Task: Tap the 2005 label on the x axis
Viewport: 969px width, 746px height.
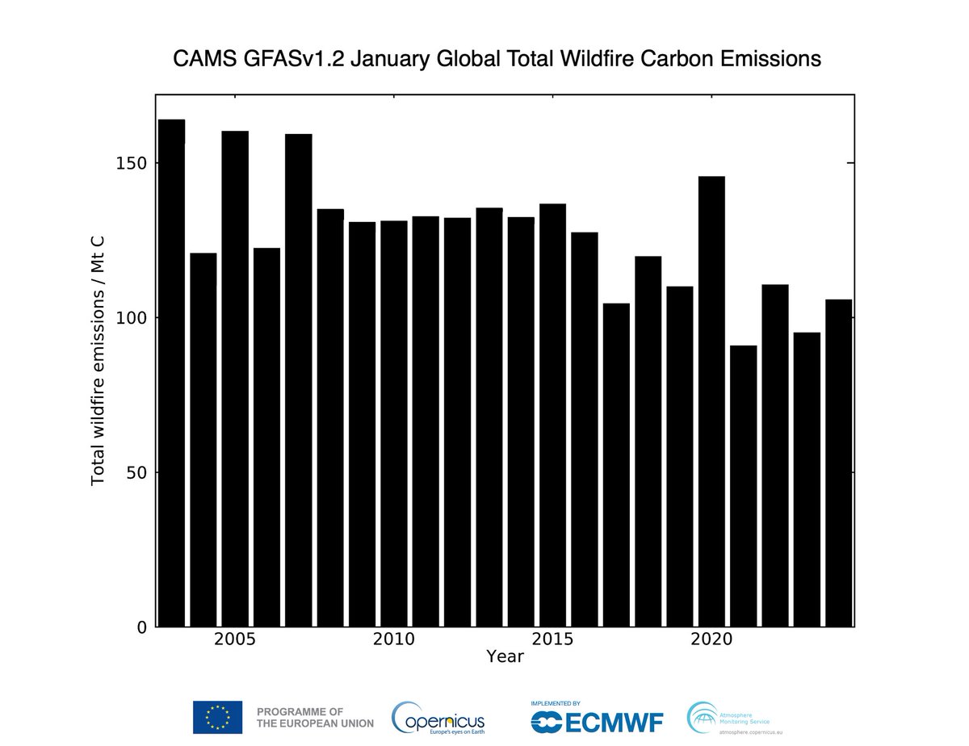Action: [235, 640]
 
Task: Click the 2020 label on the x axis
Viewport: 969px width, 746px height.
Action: [711, 640]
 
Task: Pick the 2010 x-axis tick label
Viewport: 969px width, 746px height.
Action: [393, 640]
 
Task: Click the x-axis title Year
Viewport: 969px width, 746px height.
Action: [505, 657]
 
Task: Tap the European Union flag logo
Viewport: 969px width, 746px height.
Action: [217, 717]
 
